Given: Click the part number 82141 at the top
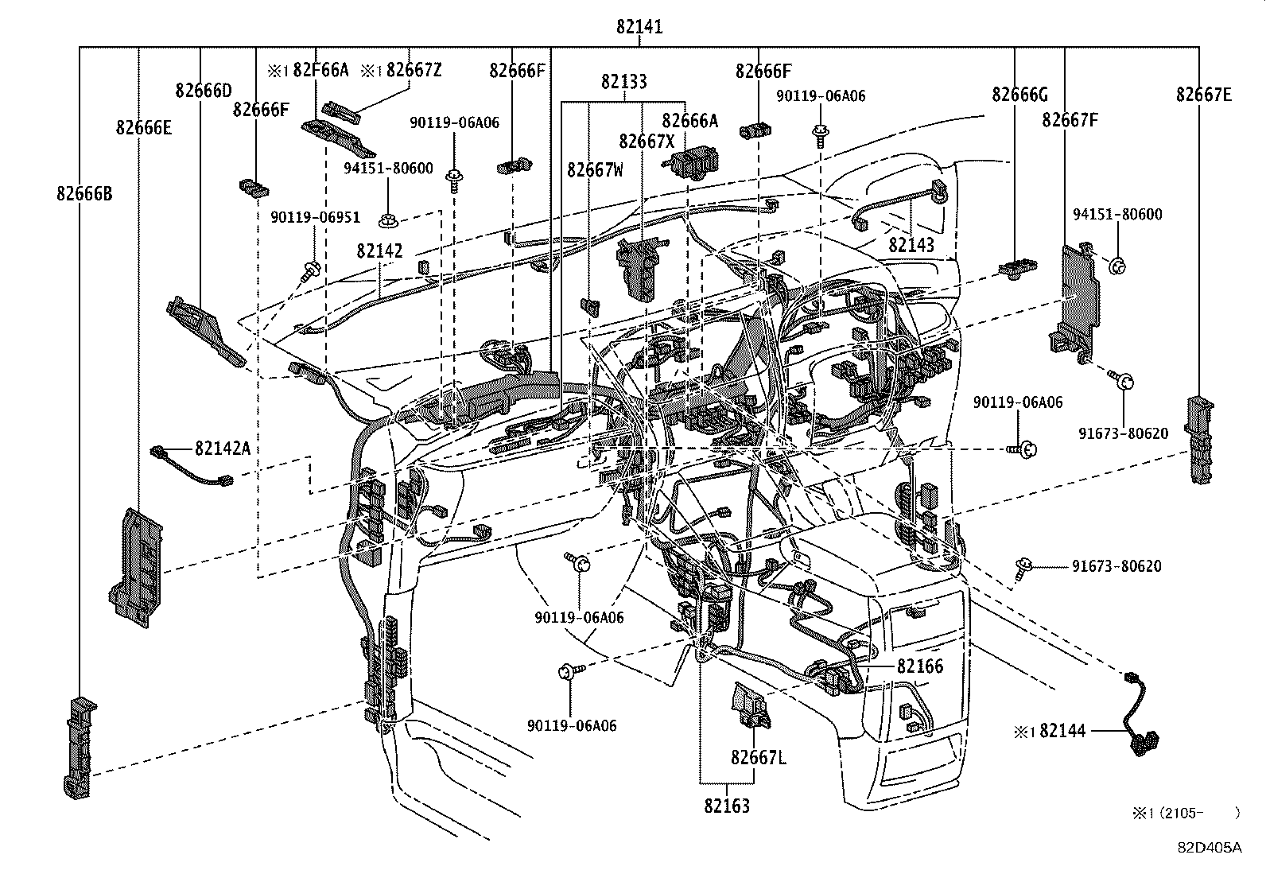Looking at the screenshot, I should (x=639, y=27).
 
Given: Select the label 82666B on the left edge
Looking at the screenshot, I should (x=84, y=193).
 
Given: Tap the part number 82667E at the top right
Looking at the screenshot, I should (x=1204, y=95).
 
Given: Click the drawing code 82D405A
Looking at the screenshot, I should (x=1209, y=847).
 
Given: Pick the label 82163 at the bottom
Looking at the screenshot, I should (x=726, y=806).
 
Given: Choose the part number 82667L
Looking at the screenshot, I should (x=759, y=757).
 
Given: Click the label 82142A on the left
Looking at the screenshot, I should (x=223, y=449).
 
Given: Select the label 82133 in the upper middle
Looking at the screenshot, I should (x=623, y=81).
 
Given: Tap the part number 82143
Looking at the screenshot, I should (x=911, y=244).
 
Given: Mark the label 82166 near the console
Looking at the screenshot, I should (x=920, y=666).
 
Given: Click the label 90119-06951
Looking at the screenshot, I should (x=315, y=217).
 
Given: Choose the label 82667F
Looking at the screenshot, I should (x=1070, y=120).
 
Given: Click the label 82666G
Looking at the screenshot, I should (x=1019, y=95).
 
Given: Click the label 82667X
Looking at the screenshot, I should (x=647, y=141).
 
